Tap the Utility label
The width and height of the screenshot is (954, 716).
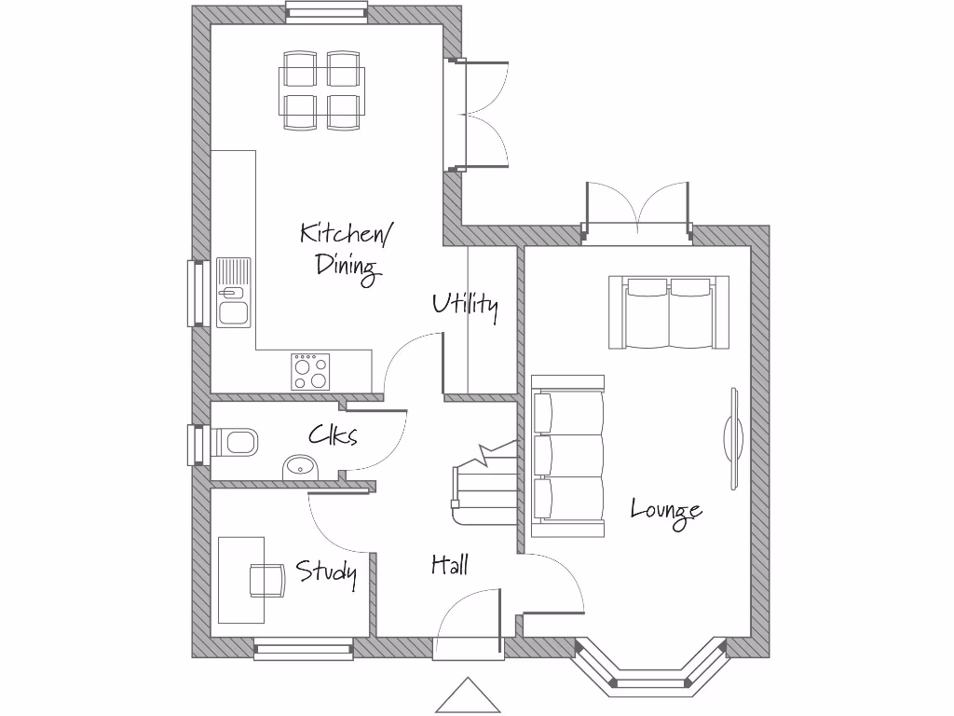[465, 305]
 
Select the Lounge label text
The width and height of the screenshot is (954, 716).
[665, 511]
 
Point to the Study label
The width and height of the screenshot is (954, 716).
[326, 571]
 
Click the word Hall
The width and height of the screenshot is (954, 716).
[449, 564]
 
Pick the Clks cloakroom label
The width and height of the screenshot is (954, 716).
[333, 435]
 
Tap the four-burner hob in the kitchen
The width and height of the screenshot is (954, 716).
[310, 371]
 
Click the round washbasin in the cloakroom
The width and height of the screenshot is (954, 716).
[300, 466]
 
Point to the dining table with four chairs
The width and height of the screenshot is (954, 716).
[321, 90]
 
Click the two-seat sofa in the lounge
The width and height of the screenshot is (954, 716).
[669, 312]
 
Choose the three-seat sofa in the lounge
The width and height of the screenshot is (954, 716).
[567, 456]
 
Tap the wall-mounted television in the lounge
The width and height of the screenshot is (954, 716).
[733, 436]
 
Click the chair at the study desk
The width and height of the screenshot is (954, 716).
[266, 580]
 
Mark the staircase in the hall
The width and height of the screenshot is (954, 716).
[484, 485]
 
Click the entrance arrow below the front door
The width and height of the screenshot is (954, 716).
[469, 698]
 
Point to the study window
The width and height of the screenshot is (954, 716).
[304, 649]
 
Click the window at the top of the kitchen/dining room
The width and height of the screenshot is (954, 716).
[327, 10]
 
